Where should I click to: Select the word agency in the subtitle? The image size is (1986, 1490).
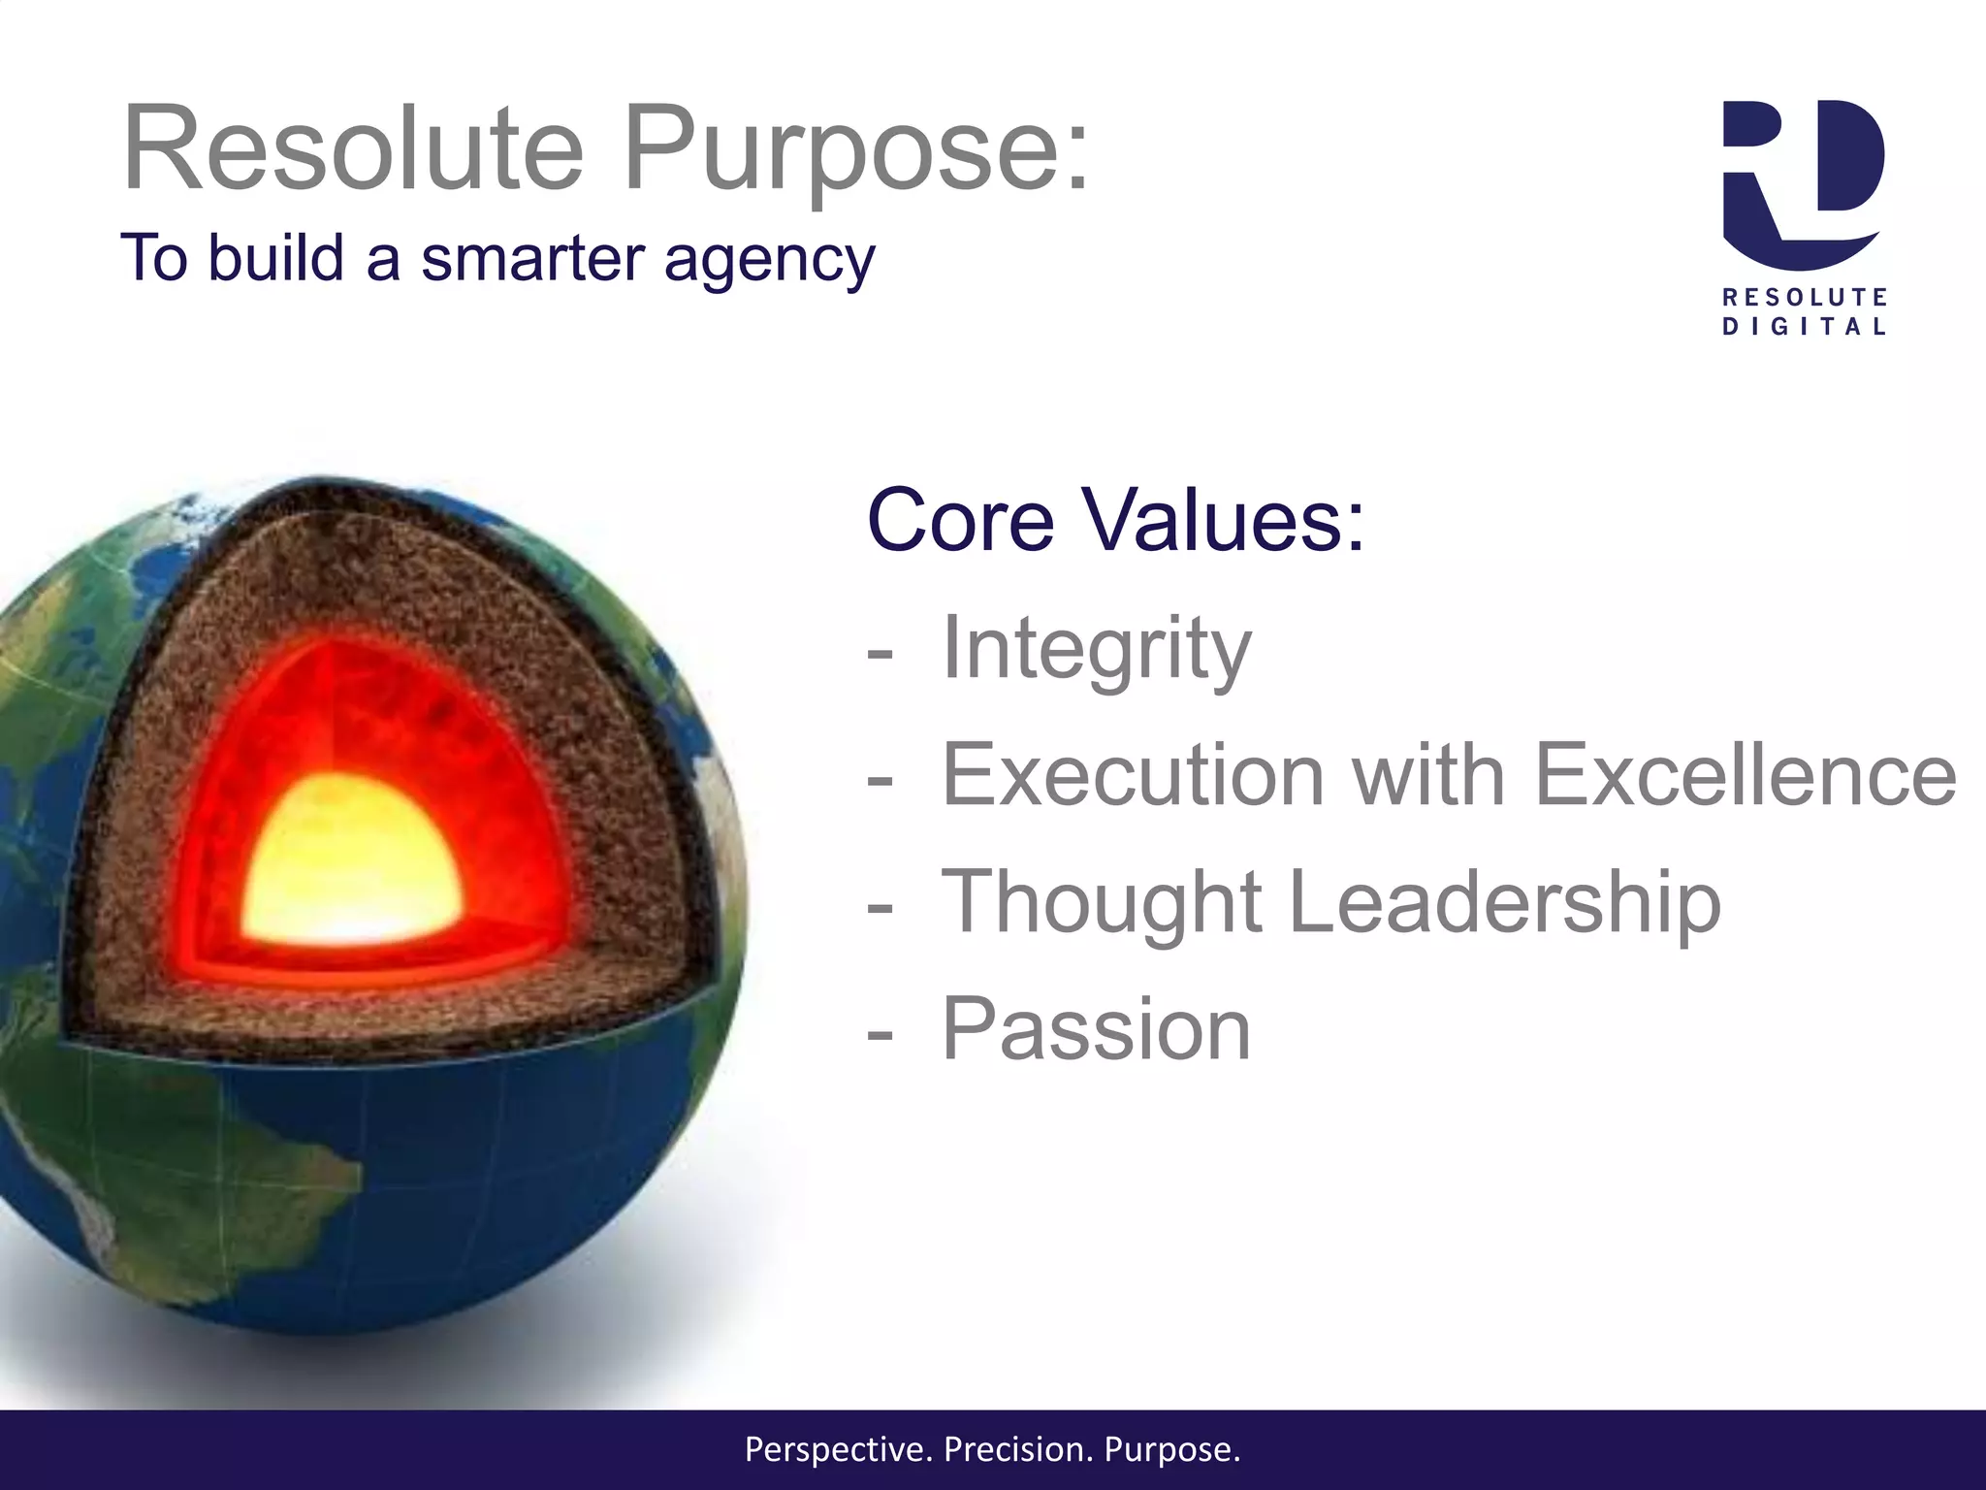(769, 260)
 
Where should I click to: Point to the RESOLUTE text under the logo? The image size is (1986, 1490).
(1804, 296)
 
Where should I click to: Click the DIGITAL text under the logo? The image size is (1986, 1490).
(1804, 327)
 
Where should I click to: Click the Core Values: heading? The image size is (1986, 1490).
(1115, 520)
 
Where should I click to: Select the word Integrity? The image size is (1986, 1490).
(1096, 648)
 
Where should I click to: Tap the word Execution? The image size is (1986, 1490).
(1133, 774)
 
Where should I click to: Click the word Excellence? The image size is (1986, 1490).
(1746, 774)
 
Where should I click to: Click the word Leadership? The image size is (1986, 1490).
(1503, 902)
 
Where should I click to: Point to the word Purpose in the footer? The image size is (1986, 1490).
(1170, 1449)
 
